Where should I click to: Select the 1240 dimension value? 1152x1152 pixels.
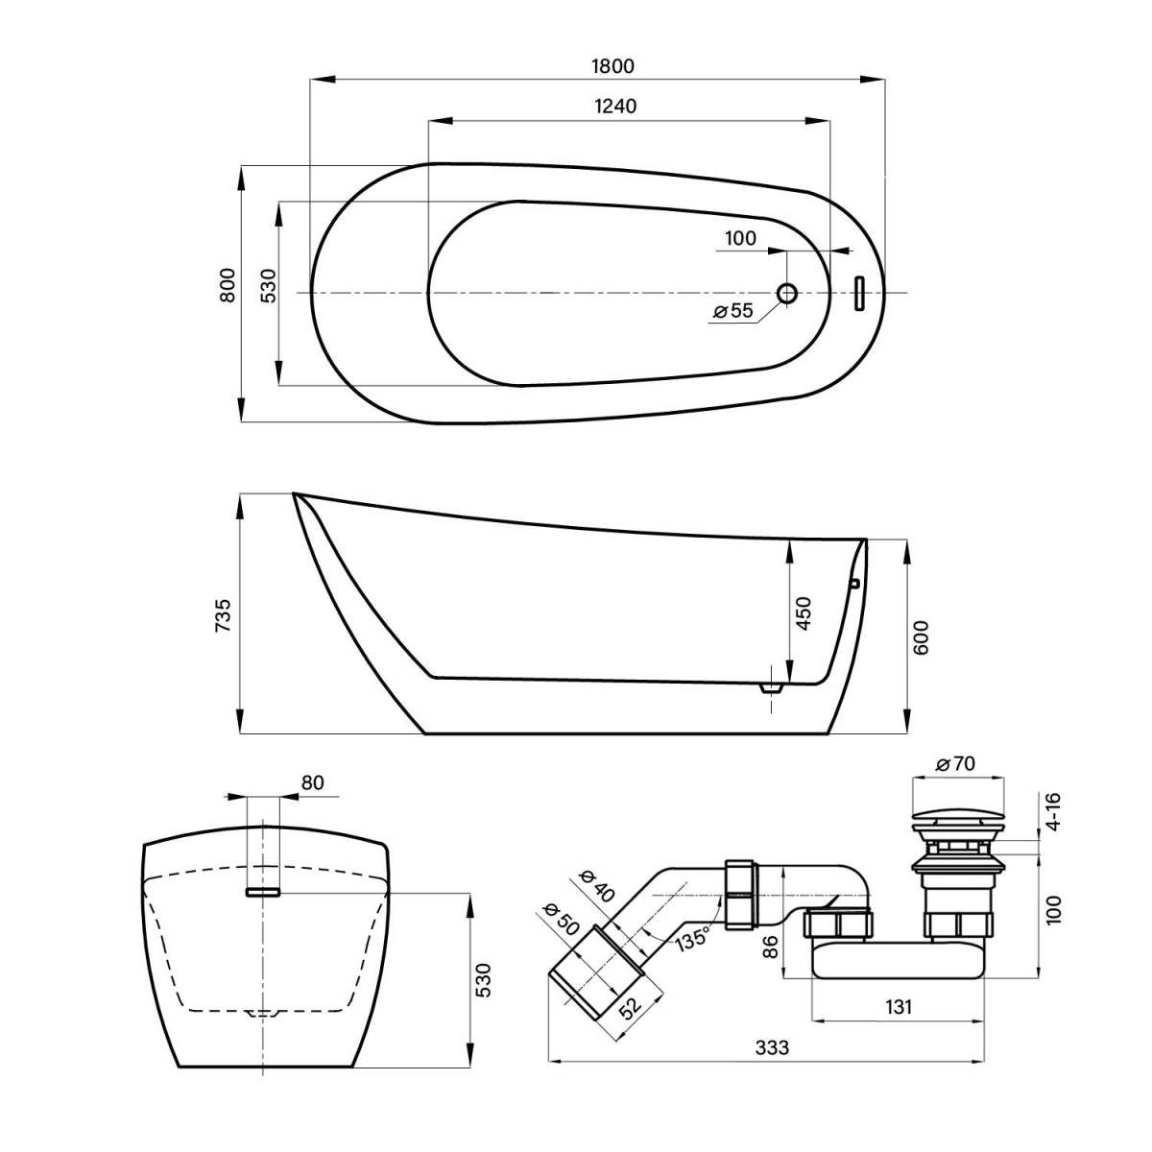(x=615, y=106)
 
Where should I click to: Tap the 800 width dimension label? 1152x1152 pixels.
(x=228, y=285)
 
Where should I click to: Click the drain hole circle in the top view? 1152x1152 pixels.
(x=787, y=293)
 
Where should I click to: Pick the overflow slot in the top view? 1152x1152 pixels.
(x=860, y=293)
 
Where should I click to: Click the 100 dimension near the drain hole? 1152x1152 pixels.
(x=740, y=238)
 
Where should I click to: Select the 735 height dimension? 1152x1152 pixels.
(x=223, y=614)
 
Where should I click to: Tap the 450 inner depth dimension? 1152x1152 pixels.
(x=804, y=612)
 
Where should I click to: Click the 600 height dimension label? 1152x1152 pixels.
(x=922, y=636)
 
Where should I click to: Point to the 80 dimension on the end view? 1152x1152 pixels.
(x=312, y=782)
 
